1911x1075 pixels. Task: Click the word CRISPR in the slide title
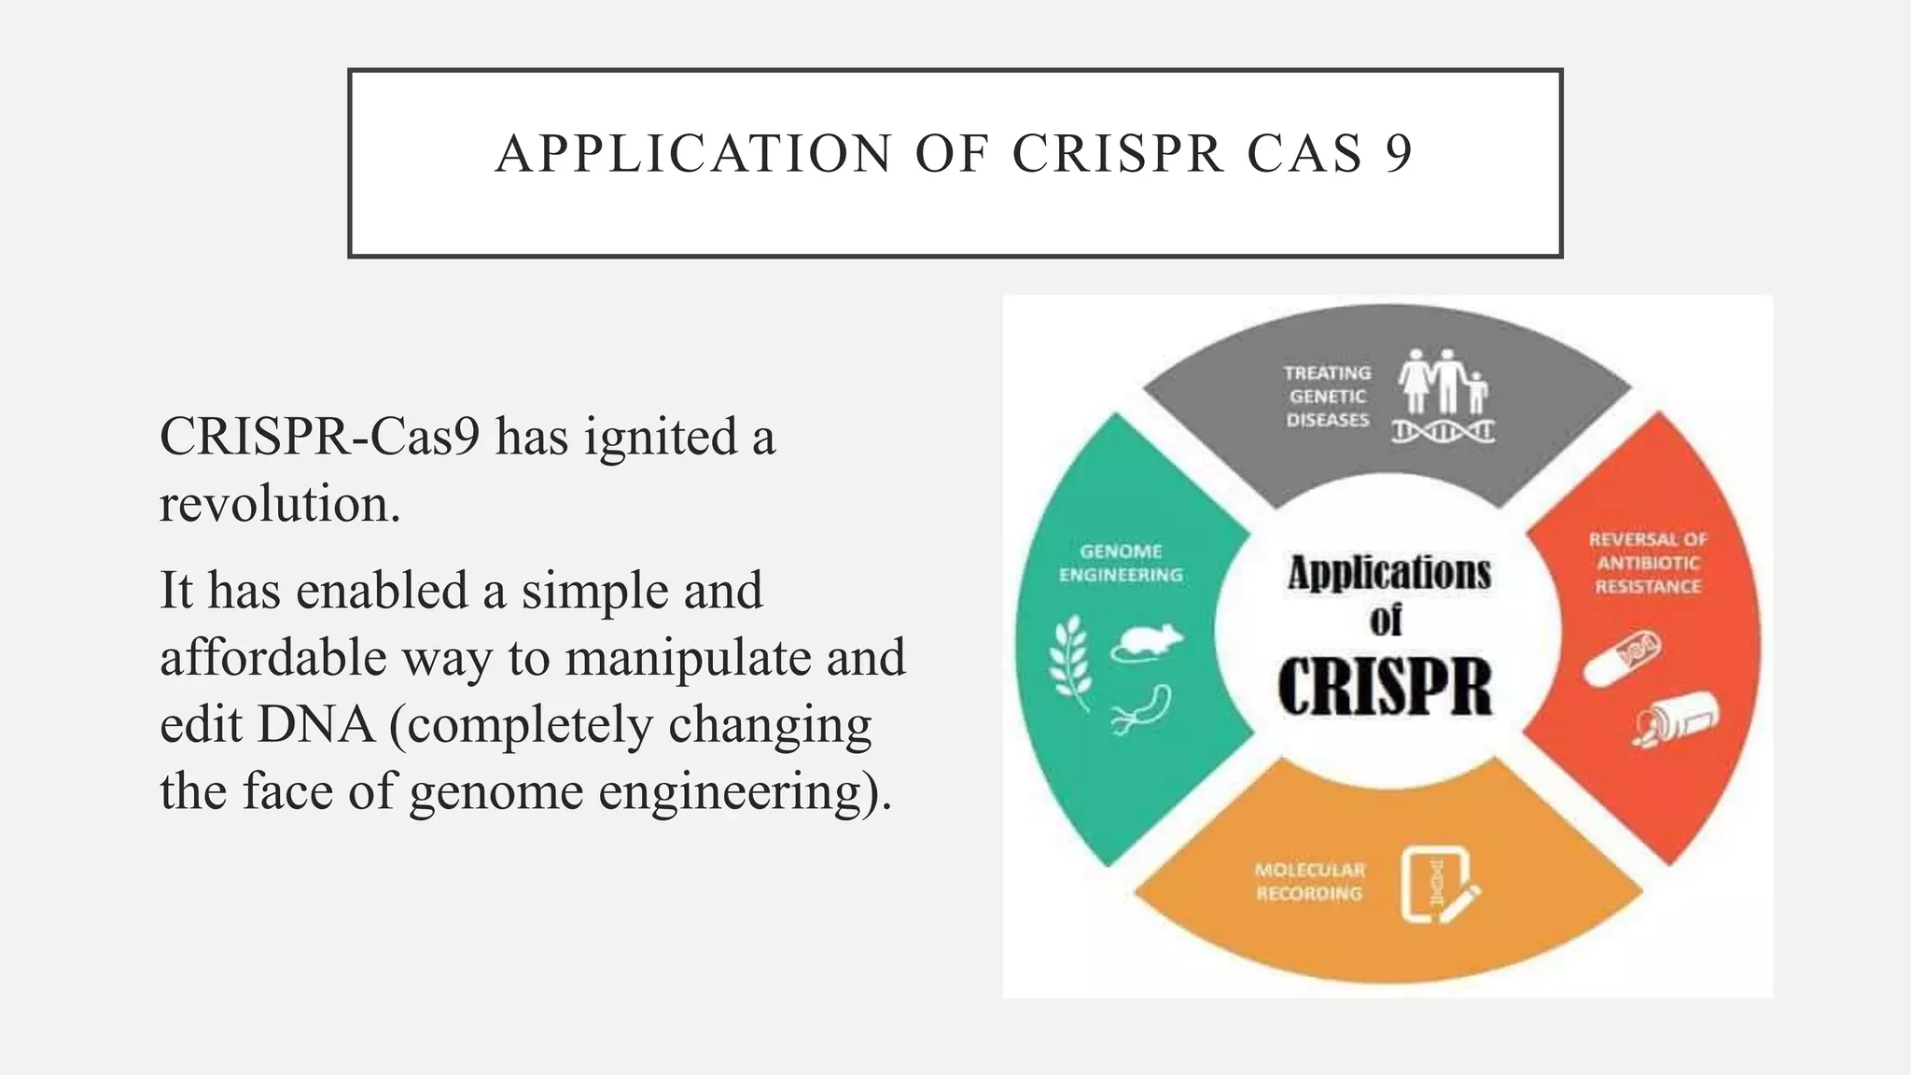tap(1118, 154)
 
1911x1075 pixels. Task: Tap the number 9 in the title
tap(1398, 154)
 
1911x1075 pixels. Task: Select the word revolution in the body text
tap(279, 505)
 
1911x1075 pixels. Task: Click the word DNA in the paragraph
tap(315, 725)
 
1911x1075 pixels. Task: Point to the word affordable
tap(272, 657)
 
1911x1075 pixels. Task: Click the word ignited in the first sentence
tap(661, 437)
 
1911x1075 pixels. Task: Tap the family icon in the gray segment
tap(1443, 382)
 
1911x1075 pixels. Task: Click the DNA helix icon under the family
tap(1443, 432)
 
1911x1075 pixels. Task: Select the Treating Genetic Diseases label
tap(1327, 397)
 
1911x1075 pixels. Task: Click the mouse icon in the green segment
tap(1147, 642)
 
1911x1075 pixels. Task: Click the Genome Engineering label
tap(1121, 564)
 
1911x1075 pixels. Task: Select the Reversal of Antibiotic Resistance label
tap(1647, 564)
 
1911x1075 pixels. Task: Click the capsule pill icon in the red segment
tap(1623, 657)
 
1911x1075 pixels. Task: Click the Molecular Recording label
tap(1309, 882)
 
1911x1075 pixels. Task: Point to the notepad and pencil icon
tap(1438, 885)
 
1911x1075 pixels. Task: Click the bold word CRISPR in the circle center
tap(1385, 689)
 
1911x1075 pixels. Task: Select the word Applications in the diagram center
tap(1388, 573)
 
